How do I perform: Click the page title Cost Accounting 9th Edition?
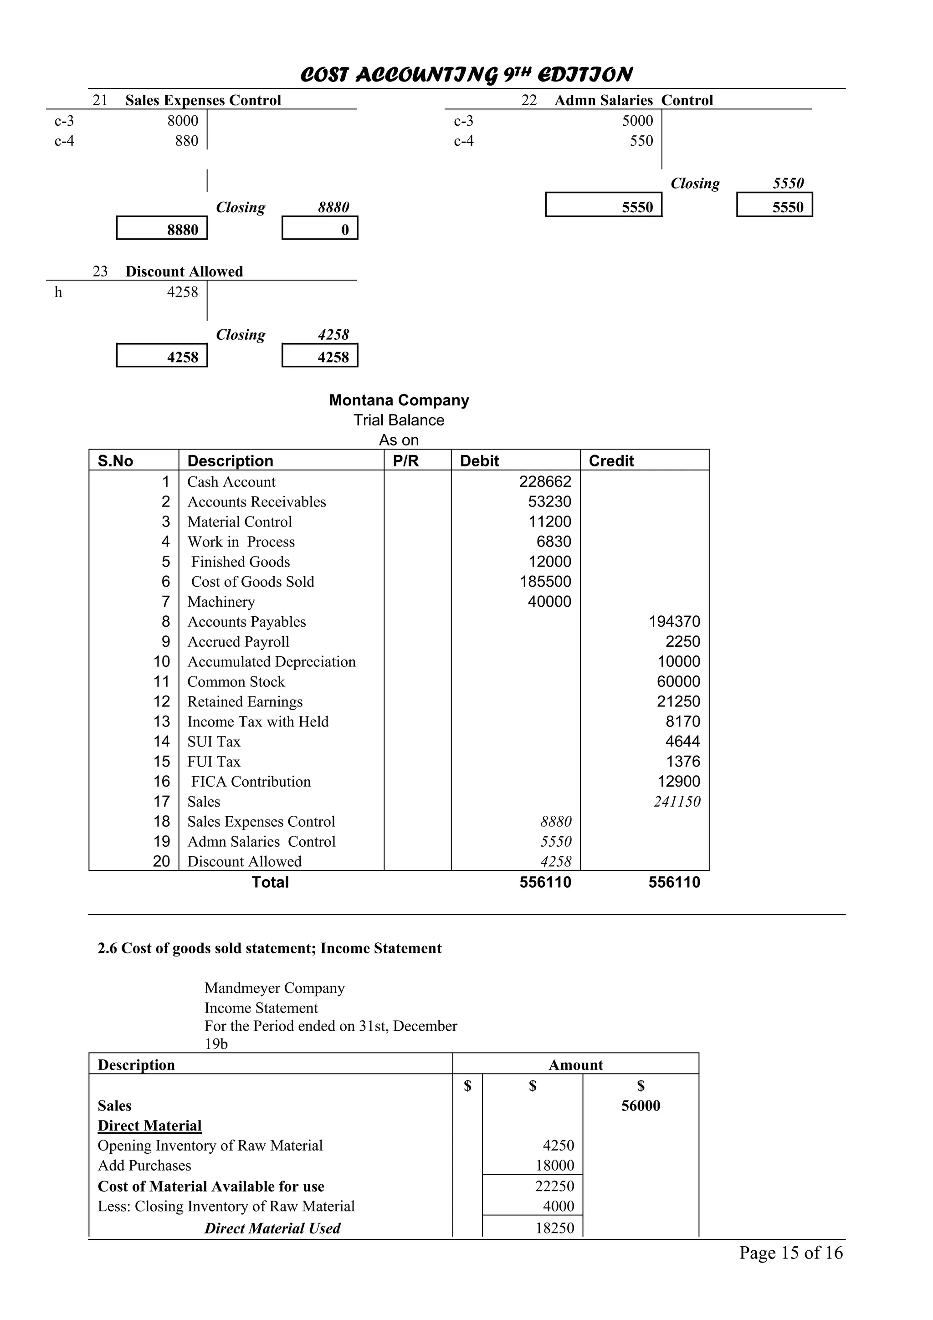[466, 74]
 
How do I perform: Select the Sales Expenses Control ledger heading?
[203, 100]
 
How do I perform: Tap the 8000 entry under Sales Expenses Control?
[182, 121]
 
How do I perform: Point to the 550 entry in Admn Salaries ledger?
[641, 141]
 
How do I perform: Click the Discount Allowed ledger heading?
[184, 271]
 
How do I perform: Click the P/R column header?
[405, 460]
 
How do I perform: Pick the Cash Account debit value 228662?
[545, 482]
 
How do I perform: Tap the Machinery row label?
[221, 602]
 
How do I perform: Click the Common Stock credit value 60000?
[678, 682]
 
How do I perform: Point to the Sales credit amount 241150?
[677, 802]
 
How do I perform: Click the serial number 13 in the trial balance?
[162, 721]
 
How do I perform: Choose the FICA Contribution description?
[251, 782]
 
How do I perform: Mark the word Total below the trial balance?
[270, 882]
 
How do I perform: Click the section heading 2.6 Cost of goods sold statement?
[269, 949]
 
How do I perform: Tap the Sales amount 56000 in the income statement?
[641, 1105]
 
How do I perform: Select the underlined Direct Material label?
[149, 1126]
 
